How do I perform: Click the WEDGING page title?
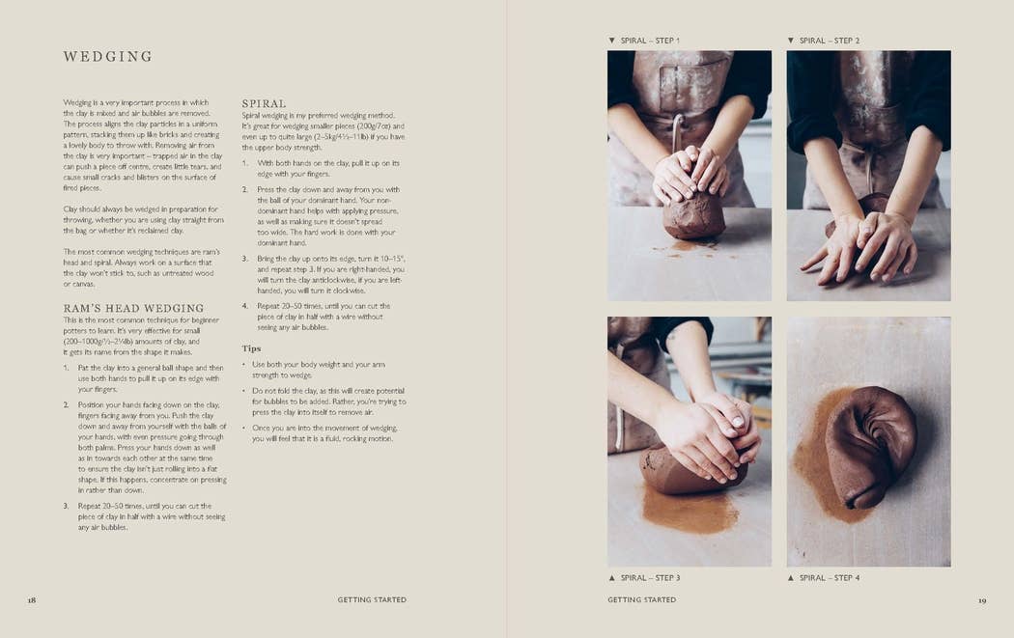coord(107,57)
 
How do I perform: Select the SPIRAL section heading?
coord(264,103)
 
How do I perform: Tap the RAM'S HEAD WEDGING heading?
coord(133,308)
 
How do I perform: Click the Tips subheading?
coord(251,348)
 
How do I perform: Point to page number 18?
coord(32,600)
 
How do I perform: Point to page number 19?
coord(982,600)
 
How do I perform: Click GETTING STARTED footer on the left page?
coord(372,599)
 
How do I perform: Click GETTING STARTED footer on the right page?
coord(641,599)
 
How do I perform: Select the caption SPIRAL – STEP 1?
coord(650,41)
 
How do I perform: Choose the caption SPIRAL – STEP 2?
coord(830,41)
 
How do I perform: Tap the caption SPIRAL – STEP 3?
coord(651,578)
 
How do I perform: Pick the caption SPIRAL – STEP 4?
coord(830,578)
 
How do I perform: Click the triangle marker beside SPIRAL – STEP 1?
coord(611,41)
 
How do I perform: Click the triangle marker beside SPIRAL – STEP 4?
coord(790,578)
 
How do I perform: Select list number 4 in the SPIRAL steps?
coord(245,306)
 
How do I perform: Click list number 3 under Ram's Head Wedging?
coord(66,506)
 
